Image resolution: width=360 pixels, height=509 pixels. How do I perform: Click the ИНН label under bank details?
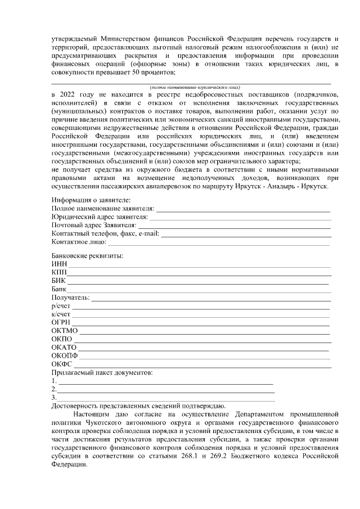tap(58, 264)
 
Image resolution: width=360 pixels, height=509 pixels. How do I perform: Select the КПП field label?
tap(58, 273)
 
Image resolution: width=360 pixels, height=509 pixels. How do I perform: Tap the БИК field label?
tap(58, 281)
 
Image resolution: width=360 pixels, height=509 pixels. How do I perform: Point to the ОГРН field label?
tap(60, 322)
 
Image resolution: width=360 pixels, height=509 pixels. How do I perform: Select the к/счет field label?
tap(60, 314)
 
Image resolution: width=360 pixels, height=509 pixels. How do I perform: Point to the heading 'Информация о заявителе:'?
tap(91, 200)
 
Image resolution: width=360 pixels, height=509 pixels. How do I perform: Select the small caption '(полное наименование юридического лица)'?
tap(195, 88)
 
